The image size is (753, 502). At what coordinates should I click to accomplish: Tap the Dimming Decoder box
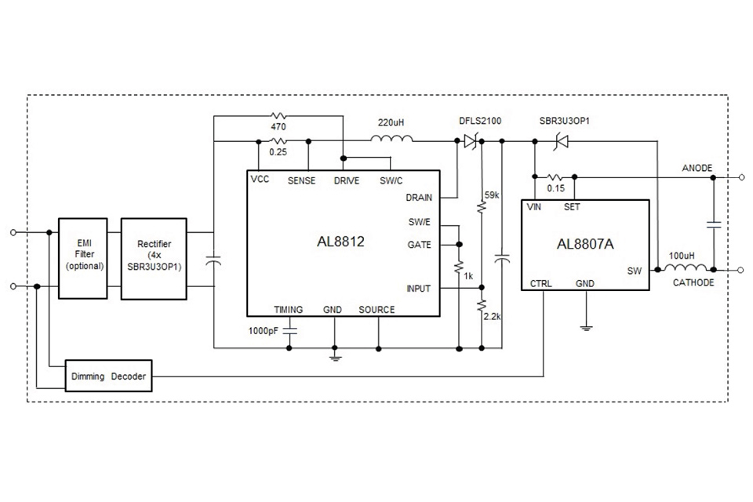(x=107, y=376)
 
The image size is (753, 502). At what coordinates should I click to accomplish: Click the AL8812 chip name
(x=340, y=242)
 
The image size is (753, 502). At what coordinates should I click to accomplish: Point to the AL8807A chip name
(x=585, y=244)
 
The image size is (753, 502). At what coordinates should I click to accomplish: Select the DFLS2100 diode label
(x=480, y=122)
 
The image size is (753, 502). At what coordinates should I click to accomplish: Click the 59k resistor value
(x=492, y=194)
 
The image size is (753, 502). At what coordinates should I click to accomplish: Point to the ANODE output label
(x=697, y=168)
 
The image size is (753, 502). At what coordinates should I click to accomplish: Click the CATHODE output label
(x=693, y=282)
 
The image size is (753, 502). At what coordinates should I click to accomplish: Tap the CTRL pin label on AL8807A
(x=541, y=283)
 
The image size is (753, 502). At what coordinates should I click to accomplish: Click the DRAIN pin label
(x=419, y=198)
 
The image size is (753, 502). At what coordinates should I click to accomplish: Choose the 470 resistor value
(x=278, y=126)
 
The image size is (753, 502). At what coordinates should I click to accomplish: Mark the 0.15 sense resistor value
(x=555, y=188)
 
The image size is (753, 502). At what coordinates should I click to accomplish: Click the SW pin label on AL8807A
(x=634, y=271)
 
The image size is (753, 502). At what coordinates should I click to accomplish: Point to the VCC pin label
(x=260, y=180)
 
